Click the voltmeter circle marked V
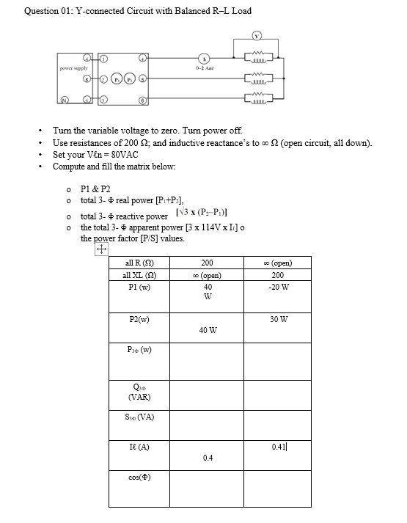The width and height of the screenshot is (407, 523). (x=257, y=36)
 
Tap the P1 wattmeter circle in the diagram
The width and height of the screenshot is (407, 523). (x=117, y=79)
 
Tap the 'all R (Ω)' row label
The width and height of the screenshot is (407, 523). (x=139, y=262)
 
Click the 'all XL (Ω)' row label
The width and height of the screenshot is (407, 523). (x=139, y=274)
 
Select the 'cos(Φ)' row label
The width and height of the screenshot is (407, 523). (x=139, y=478)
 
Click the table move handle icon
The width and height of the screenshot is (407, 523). (x=100, y=250)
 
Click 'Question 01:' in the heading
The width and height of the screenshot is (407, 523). (x=48, y=11)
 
